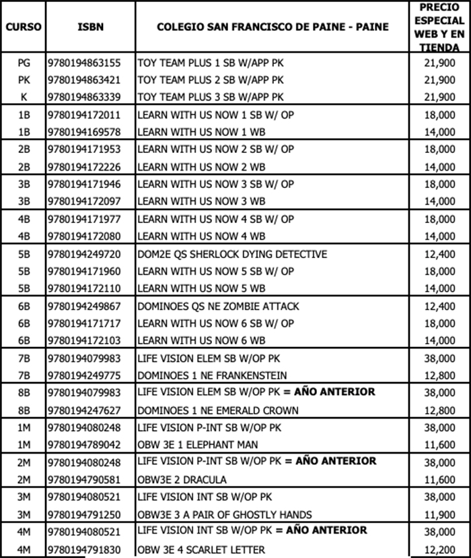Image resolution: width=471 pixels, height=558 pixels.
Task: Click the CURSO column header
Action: tap(24, 27)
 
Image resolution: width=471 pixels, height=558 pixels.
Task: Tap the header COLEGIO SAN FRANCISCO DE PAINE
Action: tap(273, 27)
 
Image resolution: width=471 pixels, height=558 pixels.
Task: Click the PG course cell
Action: tap(24, 63)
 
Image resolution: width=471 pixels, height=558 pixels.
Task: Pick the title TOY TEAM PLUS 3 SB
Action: tap(211, 96)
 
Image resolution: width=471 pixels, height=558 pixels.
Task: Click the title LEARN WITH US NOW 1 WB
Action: tap(201, 131)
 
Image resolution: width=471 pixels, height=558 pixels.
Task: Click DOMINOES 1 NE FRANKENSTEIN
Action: tap(212, 375)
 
